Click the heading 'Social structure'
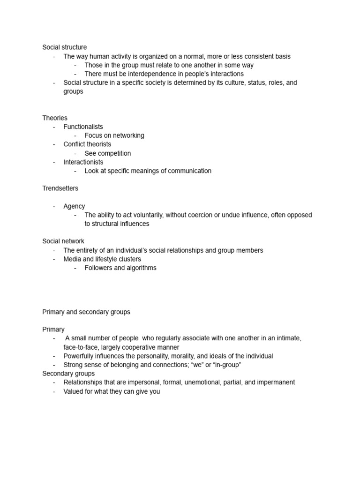coord(64,47)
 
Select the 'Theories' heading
coord(55,118)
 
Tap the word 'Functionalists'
coord(83,127)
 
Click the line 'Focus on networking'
coord(114,135)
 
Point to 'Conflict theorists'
coord(87,144)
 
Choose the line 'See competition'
coord(107,153)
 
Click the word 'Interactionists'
coord(83,162)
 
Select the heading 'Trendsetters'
coord(60,188)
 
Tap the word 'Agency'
coord(74,206)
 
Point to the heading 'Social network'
coord(63,241)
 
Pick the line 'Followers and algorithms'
coord(120,268)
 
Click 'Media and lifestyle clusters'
coord(102,259)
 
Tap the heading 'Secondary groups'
coord(68,374)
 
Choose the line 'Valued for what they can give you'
coord(112,391)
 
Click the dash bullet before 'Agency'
coord(54,206)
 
